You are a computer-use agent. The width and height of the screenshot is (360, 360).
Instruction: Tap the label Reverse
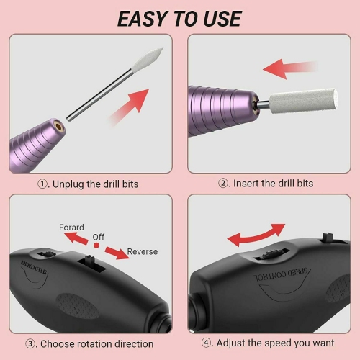click(x=143, y=252)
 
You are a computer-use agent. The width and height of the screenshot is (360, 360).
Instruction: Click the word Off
click(x=98, y=236)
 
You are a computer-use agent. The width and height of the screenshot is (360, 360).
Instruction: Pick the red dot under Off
click(x=96, y=246)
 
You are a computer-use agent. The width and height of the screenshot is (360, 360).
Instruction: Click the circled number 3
click(x=32, y=344)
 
